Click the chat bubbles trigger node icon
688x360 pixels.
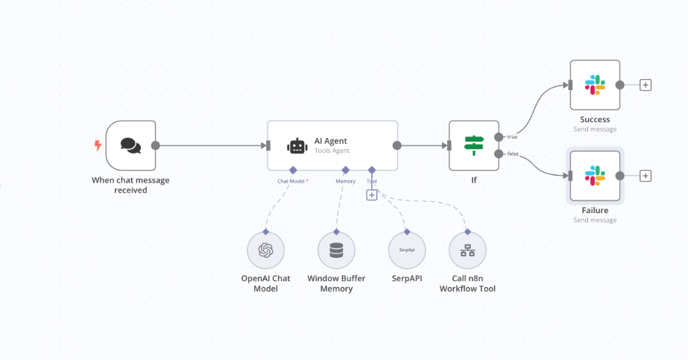coord(130,145)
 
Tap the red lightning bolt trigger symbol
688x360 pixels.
coord(97,145)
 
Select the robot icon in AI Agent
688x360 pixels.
coord(297,145)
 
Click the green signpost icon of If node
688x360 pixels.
coord(474,145)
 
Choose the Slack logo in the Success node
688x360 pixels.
coord(595,84)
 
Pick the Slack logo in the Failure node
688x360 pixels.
coord(595,176)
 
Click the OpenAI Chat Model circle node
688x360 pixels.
coord(265,250)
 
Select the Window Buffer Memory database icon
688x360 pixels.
coord(336,250)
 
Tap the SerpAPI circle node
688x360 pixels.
coord(407,250)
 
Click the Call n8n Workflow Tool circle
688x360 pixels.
coord(467,250)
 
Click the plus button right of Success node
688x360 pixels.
coord(646,85)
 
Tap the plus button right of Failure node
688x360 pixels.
coord(646,176)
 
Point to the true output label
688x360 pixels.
coord(512,137)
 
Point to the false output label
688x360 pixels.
coord(513,154)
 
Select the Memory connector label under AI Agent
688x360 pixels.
coord(345,181)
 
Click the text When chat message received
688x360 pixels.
coord(130,185)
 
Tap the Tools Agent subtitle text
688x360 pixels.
coord(332,151)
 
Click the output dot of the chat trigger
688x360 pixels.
coord(156,145)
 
